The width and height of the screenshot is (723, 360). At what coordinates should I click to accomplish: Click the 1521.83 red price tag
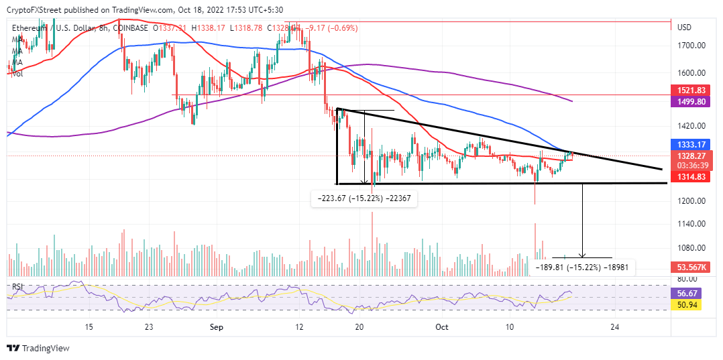point(691,91)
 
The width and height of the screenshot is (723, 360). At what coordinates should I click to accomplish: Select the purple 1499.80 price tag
point(691,102)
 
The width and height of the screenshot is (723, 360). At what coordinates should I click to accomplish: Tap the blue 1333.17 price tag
point(691,144)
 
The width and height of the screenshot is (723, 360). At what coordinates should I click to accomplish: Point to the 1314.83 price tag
point(691,176)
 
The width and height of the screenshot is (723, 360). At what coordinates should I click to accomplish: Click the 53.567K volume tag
point(691,267)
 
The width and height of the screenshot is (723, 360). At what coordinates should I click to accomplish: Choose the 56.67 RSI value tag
point(691,293)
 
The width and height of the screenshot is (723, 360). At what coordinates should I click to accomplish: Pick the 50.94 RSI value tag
point(691,305)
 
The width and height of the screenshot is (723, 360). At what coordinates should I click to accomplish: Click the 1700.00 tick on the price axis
point(691,46)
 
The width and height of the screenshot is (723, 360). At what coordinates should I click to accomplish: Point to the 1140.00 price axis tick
point(691,224)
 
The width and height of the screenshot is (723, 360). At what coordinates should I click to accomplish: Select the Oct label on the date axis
point(441,328)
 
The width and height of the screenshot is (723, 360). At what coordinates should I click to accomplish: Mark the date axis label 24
point(614,328)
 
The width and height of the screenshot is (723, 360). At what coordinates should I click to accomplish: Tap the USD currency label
point(685,27)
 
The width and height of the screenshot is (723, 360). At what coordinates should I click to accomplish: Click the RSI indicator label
point(17,287)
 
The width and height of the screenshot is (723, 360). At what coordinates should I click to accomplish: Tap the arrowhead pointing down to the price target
point(582,255)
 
